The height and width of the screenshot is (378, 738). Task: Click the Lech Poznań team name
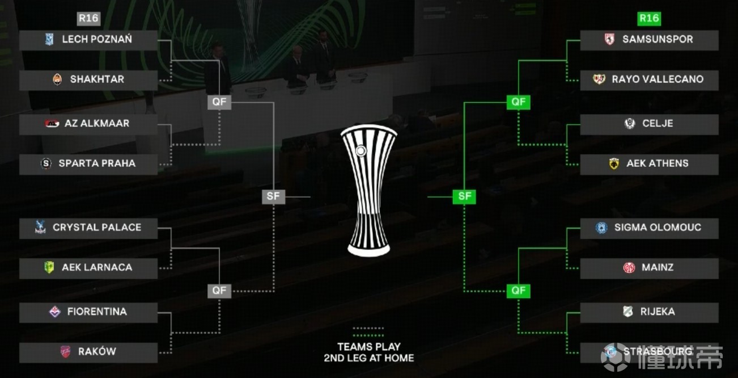click(97, 40)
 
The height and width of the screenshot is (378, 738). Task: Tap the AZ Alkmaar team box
click(88, 124)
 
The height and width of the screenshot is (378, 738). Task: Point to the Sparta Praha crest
click(46, 164)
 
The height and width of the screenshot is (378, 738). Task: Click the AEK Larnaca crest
click(49, 267)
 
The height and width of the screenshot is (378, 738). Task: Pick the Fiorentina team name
click(97, 312)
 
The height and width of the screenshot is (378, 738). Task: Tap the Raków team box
click(88, 352)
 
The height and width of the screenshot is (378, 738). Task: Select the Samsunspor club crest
click(609, 40)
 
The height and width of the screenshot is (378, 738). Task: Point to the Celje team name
click(658, 124)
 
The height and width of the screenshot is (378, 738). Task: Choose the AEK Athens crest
click(613, 164)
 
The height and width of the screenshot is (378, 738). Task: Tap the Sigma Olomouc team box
click(650, 228)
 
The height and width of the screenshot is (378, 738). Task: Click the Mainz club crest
click(629, 267)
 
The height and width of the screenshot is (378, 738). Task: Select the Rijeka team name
click(658, 312)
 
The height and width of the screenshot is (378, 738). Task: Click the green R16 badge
click(649, 18)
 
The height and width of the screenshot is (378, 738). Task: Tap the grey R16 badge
click(88, 18)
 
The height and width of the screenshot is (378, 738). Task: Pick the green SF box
click(464, 196)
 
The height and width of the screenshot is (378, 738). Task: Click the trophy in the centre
click(368, 192)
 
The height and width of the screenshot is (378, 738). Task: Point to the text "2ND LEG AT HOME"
click(368, 358)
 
